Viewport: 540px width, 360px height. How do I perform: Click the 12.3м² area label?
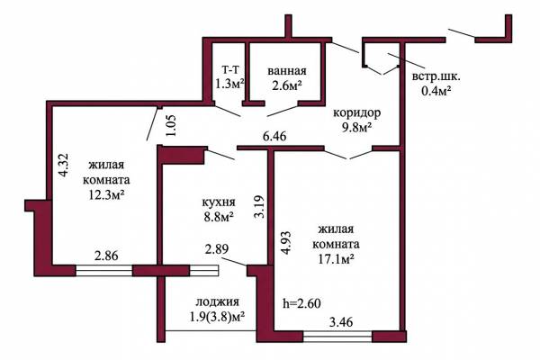(106, 195)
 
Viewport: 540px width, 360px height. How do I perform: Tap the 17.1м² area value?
(336, 259)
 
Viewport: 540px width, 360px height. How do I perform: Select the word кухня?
(219, 202)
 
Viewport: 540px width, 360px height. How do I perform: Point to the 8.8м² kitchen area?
(219, 217)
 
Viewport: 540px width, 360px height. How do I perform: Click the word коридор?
(356, 113)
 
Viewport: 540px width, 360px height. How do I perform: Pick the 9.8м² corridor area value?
(356, 128)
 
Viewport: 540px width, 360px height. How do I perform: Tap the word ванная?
(287, 71)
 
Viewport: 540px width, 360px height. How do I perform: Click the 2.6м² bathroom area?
(287, 85)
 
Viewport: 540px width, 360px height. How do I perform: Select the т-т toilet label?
(230, 70)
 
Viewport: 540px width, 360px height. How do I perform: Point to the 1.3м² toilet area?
(230, 84)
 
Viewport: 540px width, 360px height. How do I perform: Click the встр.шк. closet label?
(436, 76)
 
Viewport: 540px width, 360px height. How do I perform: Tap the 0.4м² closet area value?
(436, 91)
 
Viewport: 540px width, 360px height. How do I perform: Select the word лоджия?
(217, 302)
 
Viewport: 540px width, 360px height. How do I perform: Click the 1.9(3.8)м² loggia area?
(217, 316)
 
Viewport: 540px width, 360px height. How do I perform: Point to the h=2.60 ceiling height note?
(301, 303)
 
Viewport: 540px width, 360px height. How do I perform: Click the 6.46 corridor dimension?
(274, 137)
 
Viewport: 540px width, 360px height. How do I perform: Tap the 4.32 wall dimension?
(64, 166)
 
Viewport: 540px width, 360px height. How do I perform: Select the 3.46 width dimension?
(341, 322)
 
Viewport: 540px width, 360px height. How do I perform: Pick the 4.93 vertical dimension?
(286, 243)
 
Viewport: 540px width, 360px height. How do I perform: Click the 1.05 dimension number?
(171, 125)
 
